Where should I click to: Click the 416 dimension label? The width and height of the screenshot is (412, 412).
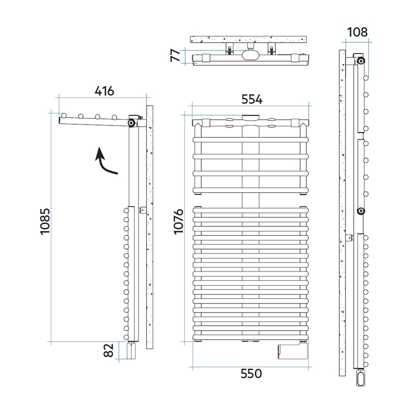(104, 91)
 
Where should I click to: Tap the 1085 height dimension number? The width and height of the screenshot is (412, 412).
(45, 221)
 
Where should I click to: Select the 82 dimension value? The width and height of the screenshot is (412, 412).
(108, 350)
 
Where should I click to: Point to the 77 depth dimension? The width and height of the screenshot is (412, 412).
(175, 55)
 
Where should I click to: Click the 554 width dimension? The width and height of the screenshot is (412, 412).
(252, 99)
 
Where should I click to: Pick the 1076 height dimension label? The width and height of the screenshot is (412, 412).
(178, 221)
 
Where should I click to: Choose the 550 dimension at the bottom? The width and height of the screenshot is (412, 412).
(251, 373)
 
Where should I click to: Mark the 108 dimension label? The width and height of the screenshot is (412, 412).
(357, 32)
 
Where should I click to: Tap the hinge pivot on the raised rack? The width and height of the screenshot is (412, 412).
(131, 123)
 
